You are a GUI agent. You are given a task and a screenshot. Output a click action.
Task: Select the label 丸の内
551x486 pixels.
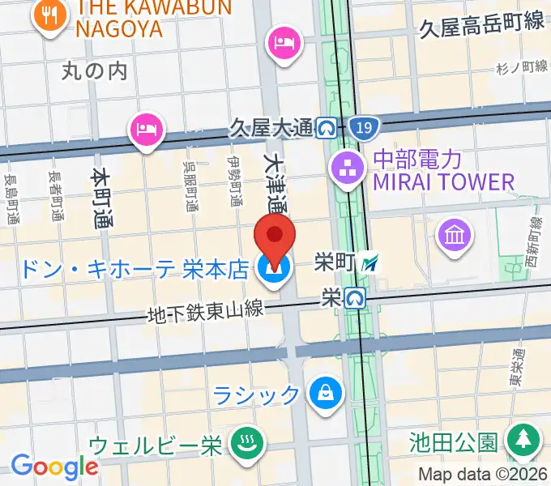point(95,71)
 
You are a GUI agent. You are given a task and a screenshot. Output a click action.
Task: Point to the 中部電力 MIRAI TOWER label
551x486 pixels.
point(442,170)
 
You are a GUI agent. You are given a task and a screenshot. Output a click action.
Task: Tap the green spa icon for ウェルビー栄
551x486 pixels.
point(243,442)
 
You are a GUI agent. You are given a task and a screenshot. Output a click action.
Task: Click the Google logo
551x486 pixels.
point(54,467)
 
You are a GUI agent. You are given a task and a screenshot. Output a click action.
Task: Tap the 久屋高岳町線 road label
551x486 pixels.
point(481,25)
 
